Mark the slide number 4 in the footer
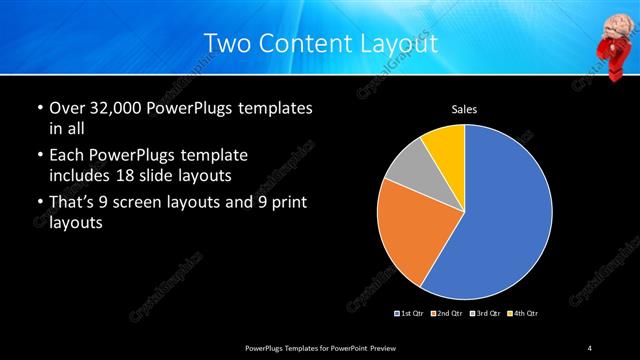(589, 347)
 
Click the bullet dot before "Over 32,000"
(40, 108)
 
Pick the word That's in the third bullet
(73, 204)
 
